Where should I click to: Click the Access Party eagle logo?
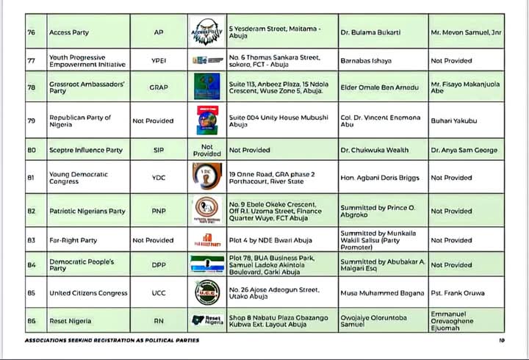click(207, 32)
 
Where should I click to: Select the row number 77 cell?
click(31, 60)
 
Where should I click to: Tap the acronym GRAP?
click(159, 87)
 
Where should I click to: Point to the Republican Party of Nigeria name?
click(80, 120)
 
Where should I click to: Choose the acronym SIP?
click(159, 150)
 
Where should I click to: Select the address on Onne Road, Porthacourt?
click(272, 178)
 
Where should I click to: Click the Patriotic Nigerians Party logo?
click(207, 211)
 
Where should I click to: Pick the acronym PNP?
click(159, 211)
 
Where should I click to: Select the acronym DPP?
click(159, 264)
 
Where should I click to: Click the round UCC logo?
click(207, 292)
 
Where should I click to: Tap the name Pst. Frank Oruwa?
click(458, 293)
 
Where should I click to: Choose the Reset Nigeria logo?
click(207, 321)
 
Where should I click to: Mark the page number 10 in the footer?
click(502, 340)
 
